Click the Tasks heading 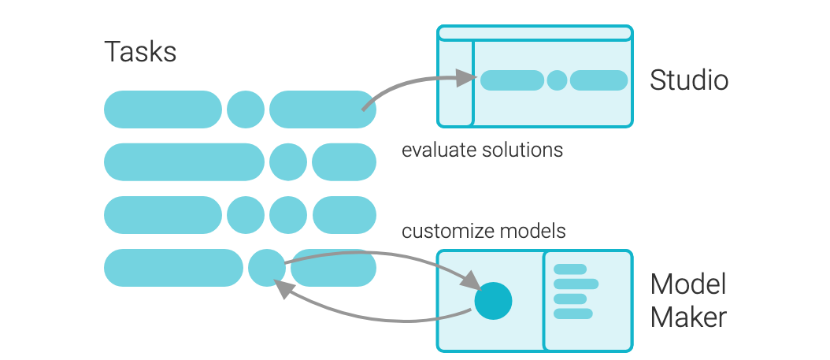tap(140, 52)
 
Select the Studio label tap(689, 80)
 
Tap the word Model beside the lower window tap(687, 284)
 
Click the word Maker tap(688, 317)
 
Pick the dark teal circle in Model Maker tap(493, 301)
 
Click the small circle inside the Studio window tap(557, 80)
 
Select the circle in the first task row tap(246, 109)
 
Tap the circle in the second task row tap(288, 162)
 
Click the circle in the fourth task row tap(267, 268)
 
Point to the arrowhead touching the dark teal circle tap(470, 280)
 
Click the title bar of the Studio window tap(535, 33)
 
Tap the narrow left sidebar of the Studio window tap(456, 84)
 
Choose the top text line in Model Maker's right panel tap(570, 269)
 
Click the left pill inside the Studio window tap(513, 80)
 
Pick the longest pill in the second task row tap(184, 162)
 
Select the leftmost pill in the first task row tap(163, 109)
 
